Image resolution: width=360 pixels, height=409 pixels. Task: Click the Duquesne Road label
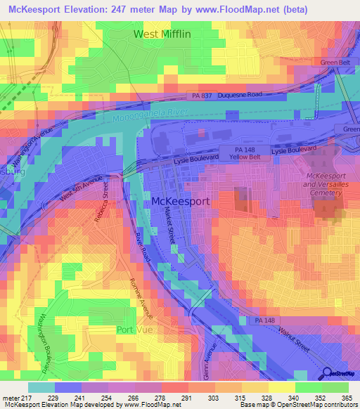point(239,94)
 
